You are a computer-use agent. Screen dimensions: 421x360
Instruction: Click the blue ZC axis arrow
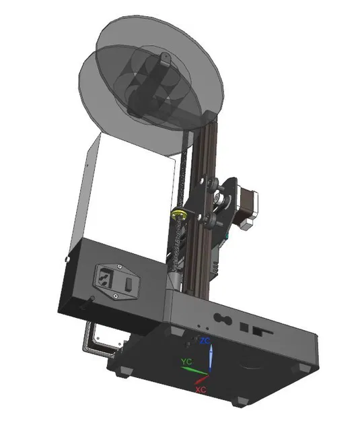tap(211, 358)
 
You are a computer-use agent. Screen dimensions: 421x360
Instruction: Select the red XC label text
tap(201, 389)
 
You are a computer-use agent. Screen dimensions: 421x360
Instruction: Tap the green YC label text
tap(186, 362)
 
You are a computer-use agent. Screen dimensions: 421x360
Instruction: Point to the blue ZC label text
tap(205, 342)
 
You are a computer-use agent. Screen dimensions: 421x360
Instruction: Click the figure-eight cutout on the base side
tap(220, 317)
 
